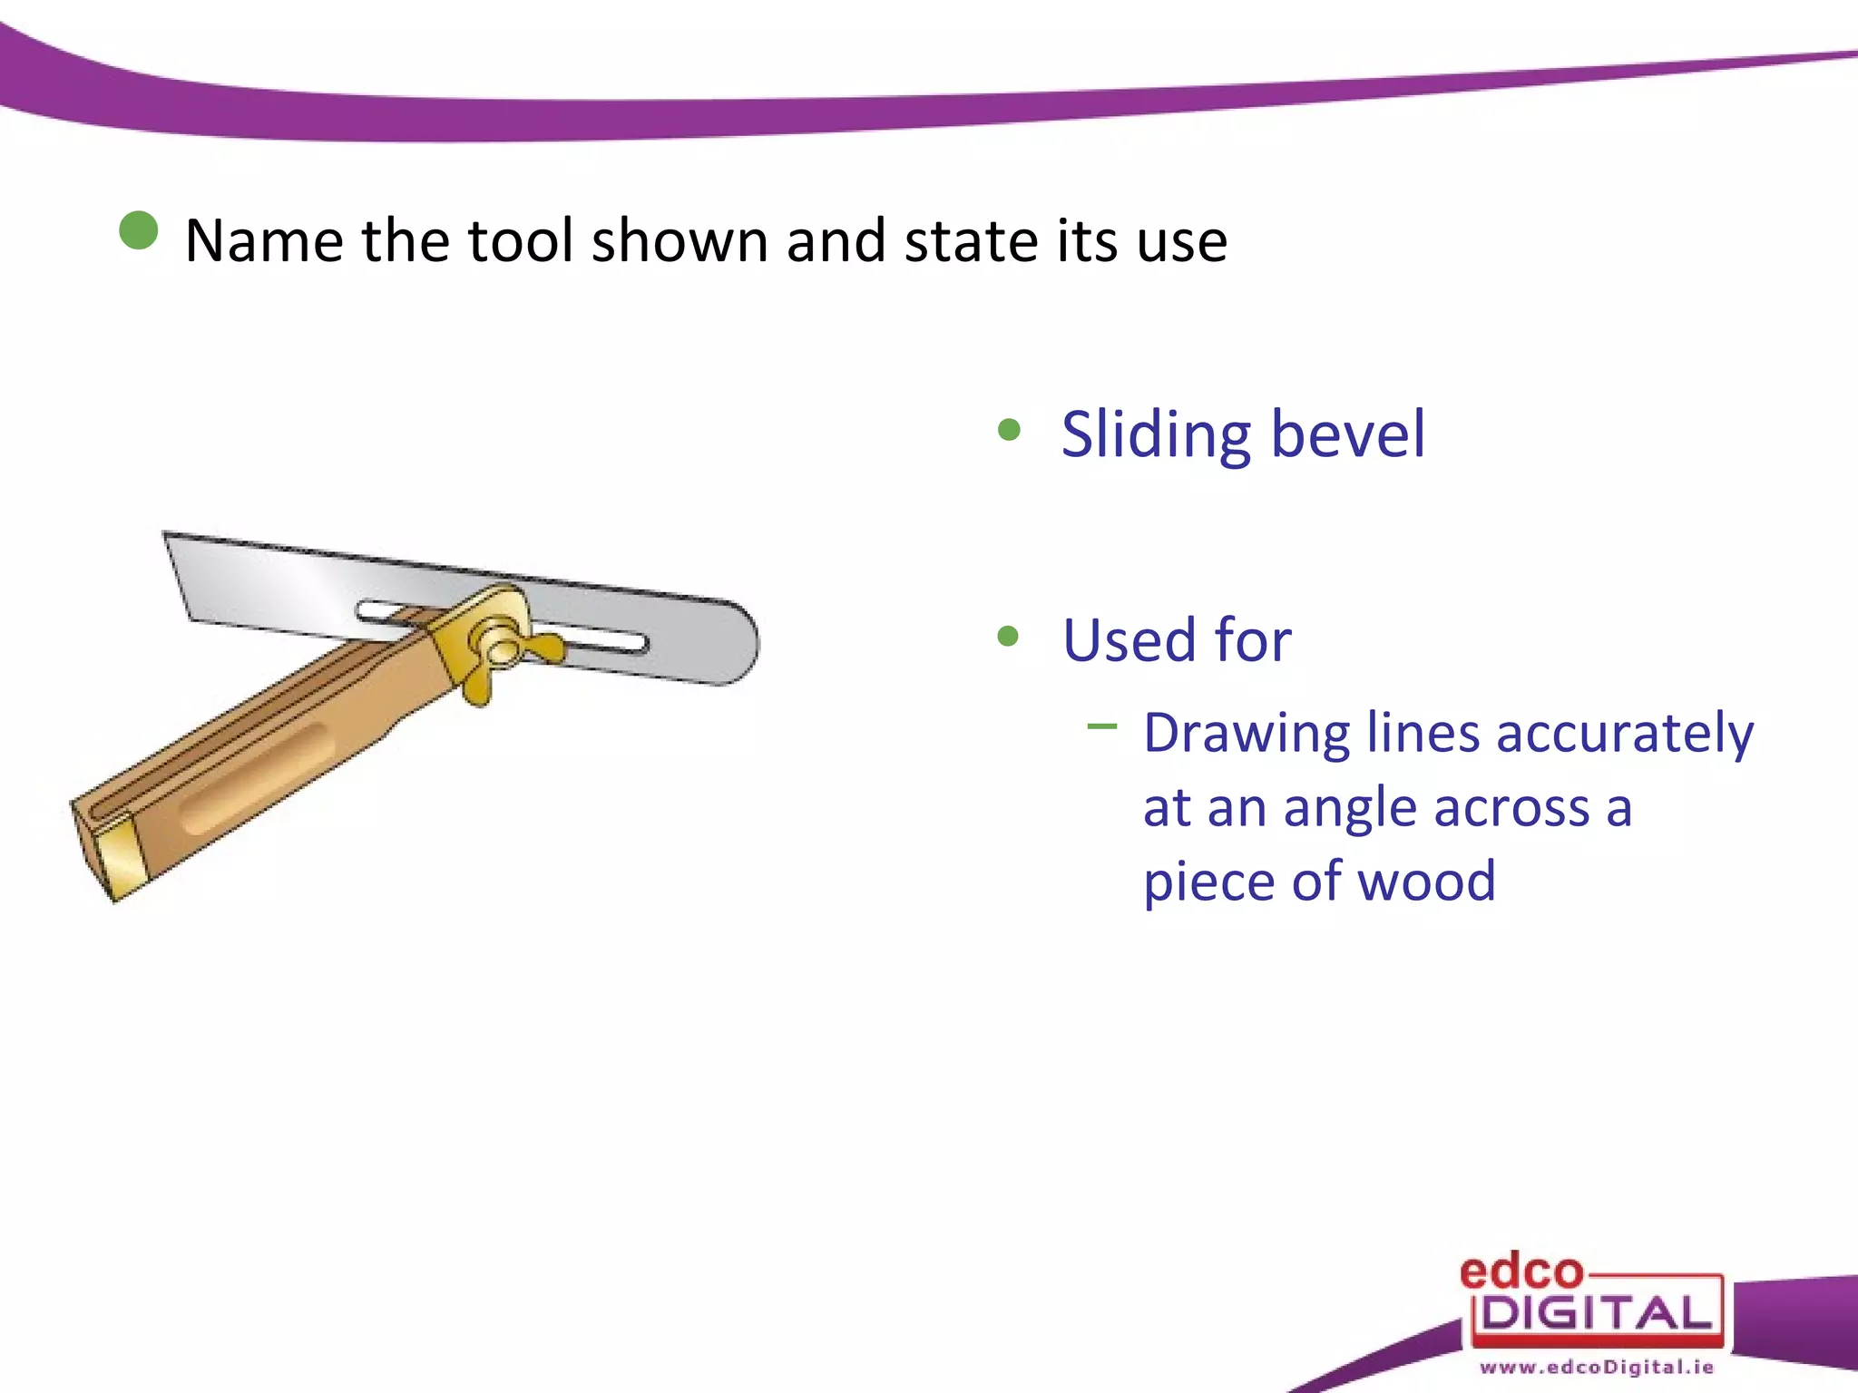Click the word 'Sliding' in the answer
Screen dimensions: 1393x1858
coord(1157,435)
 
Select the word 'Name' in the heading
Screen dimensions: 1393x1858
coord(263,241)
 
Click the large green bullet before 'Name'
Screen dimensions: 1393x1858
coord(139,230)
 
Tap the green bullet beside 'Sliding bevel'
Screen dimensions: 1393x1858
coord(1009,429)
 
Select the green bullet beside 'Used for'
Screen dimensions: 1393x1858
coord(1008,636)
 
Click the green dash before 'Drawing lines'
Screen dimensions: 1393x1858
coord(1101,726)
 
